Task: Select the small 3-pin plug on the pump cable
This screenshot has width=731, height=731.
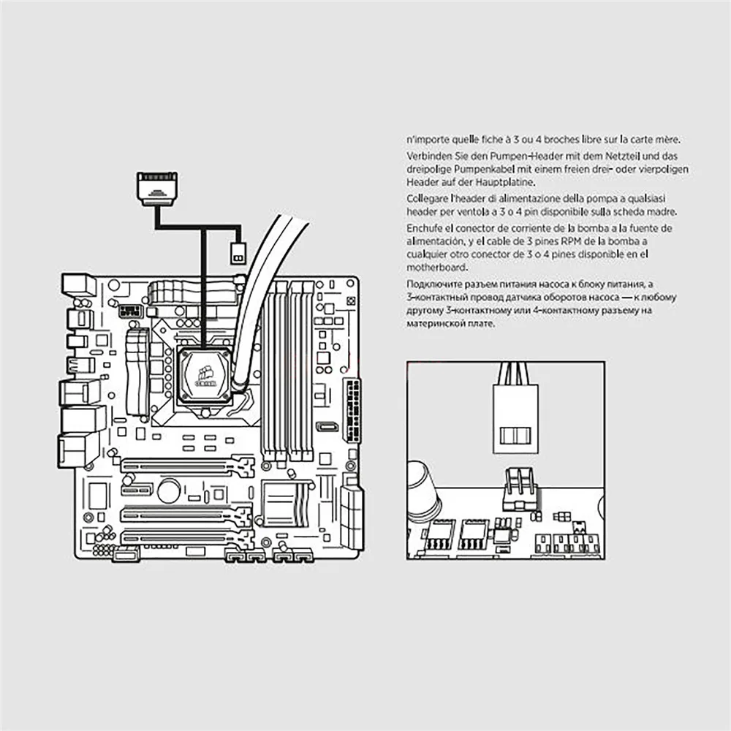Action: (237, 254)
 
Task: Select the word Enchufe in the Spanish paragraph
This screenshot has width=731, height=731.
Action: (424, 228)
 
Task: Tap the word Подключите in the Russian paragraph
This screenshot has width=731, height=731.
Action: (433, 284)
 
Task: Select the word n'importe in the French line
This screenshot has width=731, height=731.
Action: (426, 140)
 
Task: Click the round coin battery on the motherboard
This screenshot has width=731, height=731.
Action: (169, 490)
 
